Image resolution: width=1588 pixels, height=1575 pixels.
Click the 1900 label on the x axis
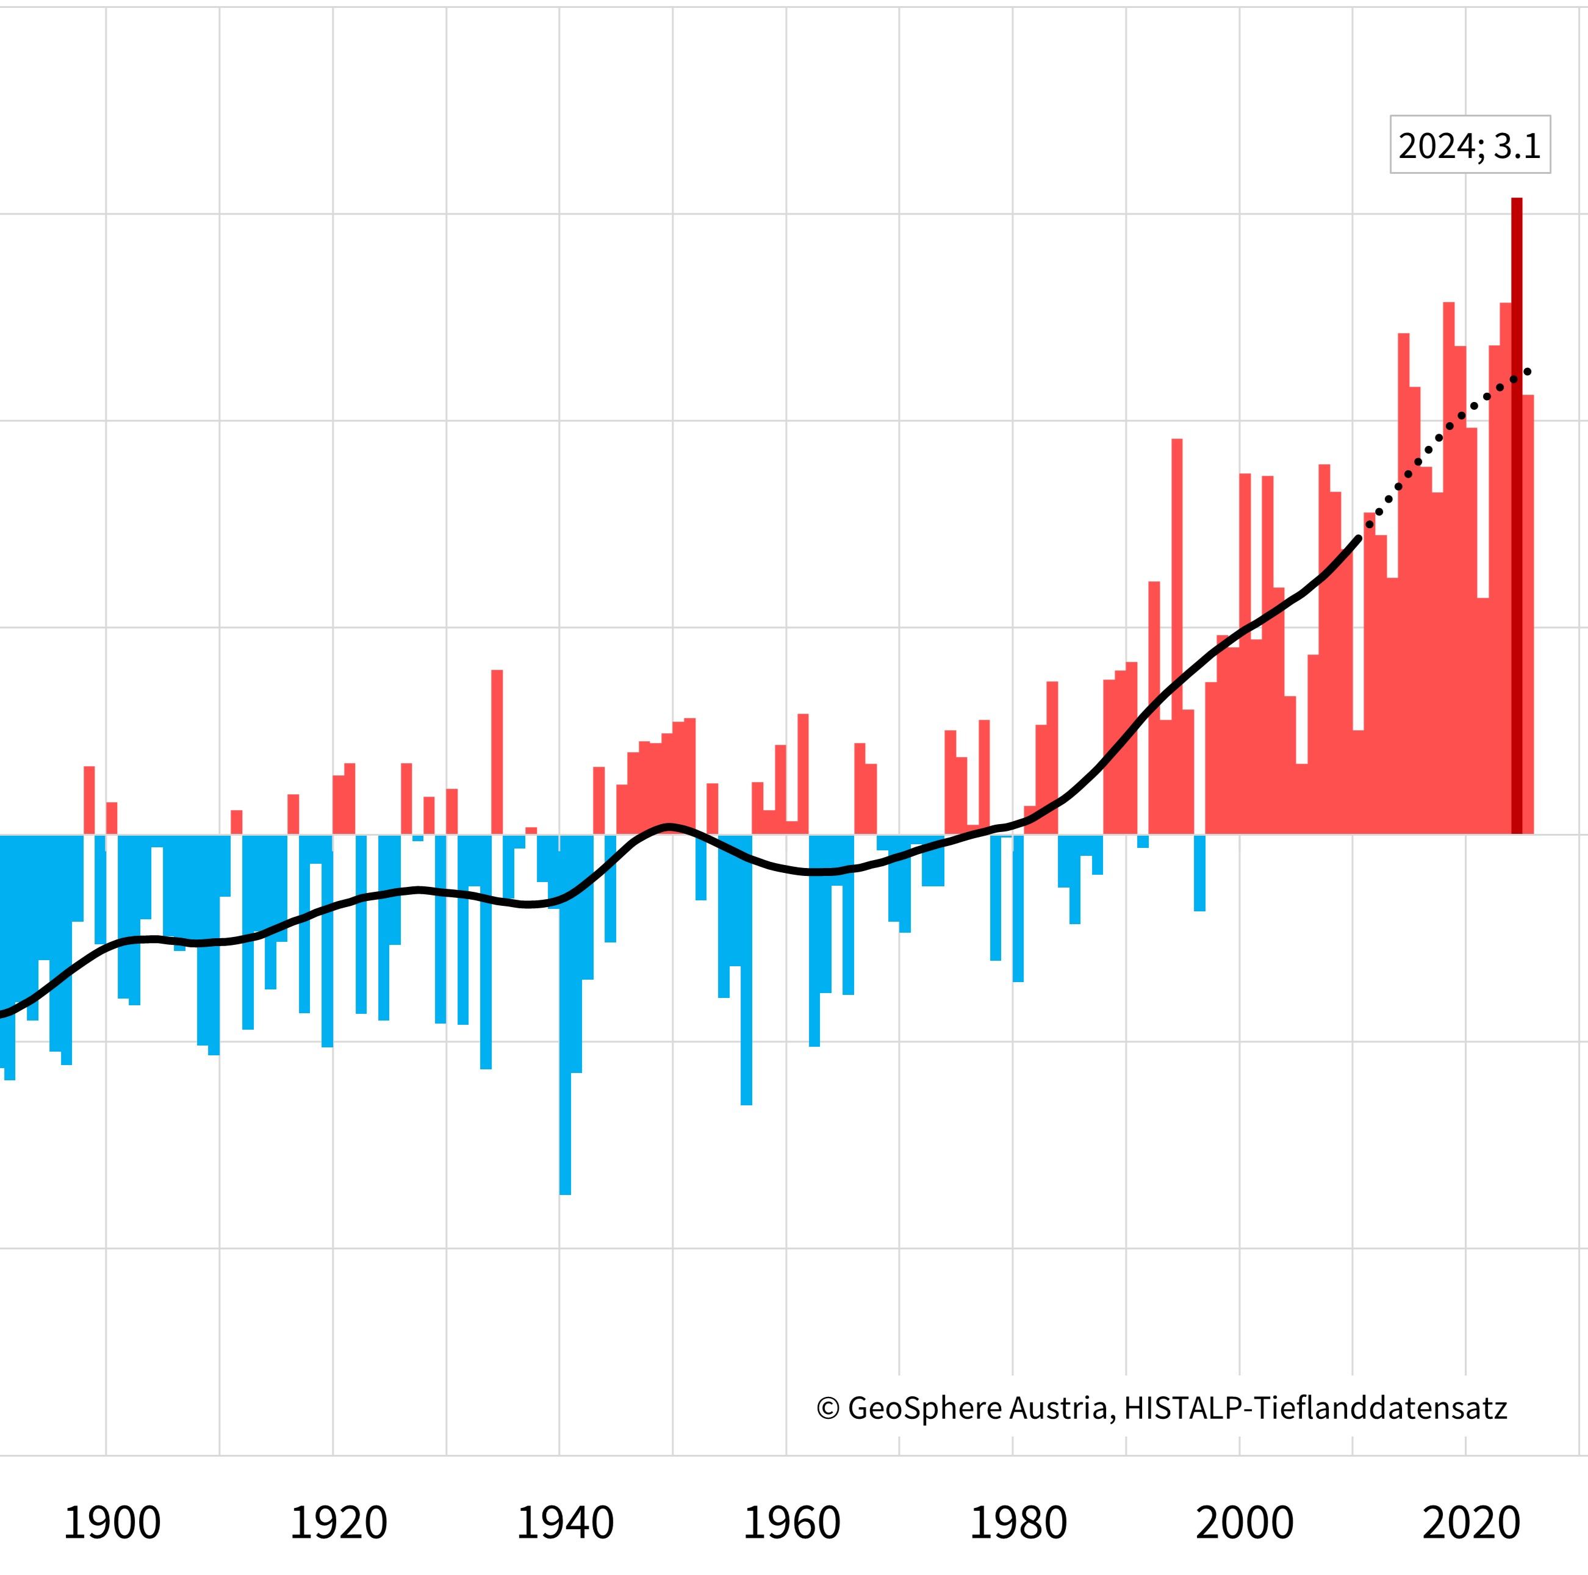(x=112, y=1523)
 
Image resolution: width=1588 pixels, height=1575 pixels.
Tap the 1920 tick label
(x=338, y=1523)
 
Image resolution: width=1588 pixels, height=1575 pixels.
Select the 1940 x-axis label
(x=565, y=1523)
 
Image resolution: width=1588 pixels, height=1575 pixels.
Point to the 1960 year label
(x=791, y=1523)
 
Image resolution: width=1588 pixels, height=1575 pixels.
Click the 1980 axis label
(x=1018, y=1523)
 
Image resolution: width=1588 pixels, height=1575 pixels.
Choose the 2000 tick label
(x=1245, y=1523)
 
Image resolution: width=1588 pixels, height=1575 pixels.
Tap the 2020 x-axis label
(x=1471, y=1523)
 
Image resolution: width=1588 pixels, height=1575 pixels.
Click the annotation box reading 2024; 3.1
(x=1470, y=146)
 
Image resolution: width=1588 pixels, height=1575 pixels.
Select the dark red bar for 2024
(x=1517, y=518)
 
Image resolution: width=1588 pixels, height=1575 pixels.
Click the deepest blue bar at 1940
(x=565, y=1019)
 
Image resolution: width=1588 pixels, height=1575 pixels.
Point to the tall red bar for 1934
(x=497, y=752)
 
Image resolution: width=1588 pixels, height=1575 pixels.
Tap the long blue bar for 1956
(x=746, y=970)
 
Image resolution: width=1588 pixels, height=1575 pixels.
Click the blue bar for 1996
(x=1199, y=873)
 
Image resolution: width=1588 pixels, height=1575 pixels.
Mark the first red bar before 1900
(x=89, y=801)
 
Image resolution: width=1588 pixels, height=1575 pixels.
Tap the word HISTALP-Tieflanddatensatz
(x=1315, y=1408)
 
